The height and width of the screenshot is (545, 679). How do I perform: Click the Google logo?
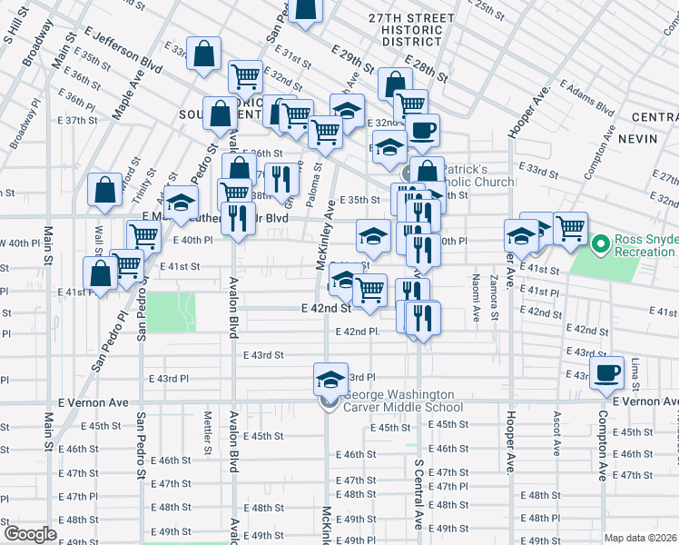point(30,534)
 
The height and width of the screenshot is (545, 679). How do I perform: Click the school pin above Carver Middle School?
point(331,378)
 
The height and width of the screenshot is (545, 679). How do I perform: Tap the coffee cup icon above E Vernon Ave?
point(607,371)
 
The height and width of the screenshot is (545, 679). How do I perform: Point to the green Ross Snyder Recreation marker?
point(599,243)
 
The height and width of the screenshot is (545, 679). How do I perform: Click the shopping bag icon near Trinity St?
point(105,190)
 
